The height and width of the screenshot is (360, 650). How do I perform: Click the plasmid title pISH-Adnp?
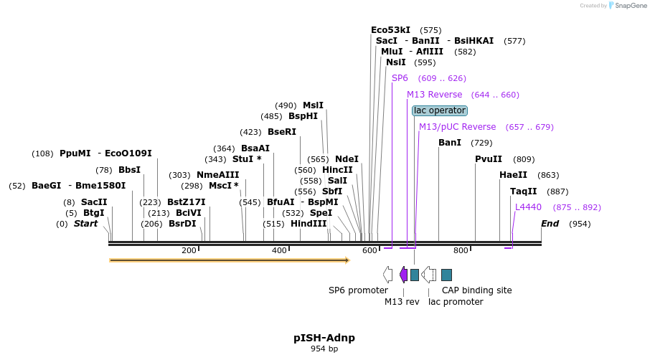[324, 338]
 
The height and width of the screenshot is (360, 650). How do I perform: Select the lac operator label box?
[440, 110]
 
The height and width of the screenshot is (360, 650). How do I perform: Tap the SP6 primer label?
[400, 78]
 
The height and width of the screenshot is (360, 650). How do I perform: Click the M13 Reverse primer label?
[435, 95]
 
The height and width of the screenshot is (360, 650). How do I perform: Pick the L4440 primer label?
[529, 207]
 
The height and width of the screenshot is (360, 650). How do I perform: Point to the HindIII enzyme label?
[308, 224]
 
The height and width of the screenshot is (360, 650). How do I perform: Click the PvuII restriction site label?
[489, 159]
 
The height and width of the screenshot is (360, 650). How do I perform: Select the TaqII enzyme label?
[524, 191]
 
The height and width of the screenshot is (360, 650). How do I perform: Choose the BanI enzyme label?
[450, 143]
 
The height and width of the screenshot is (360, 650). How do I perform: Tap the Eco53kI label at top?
[391, 30]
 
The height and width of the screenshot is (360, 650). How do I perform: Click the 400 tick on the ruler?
[279, 250]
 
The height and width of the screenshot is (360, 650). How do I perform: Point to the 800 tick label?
[461, 250]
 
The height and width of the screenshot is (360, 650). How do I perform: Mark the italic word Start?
[85, 224]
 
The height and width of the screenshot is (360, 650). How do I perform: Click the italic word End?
[550, 224]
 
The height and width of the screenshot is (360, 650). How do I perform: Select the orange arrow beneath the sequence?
[229, 260]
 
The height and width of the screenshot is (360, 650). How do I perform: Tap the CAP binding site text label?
[476, 290]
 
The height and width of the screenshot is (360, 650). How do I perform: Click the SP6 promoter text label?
[358, 290]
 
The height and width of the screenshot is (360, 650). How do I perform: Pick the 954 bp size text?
[324, 349]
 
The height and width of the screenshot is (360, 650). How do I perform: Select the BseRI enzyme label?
[282, 132]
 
